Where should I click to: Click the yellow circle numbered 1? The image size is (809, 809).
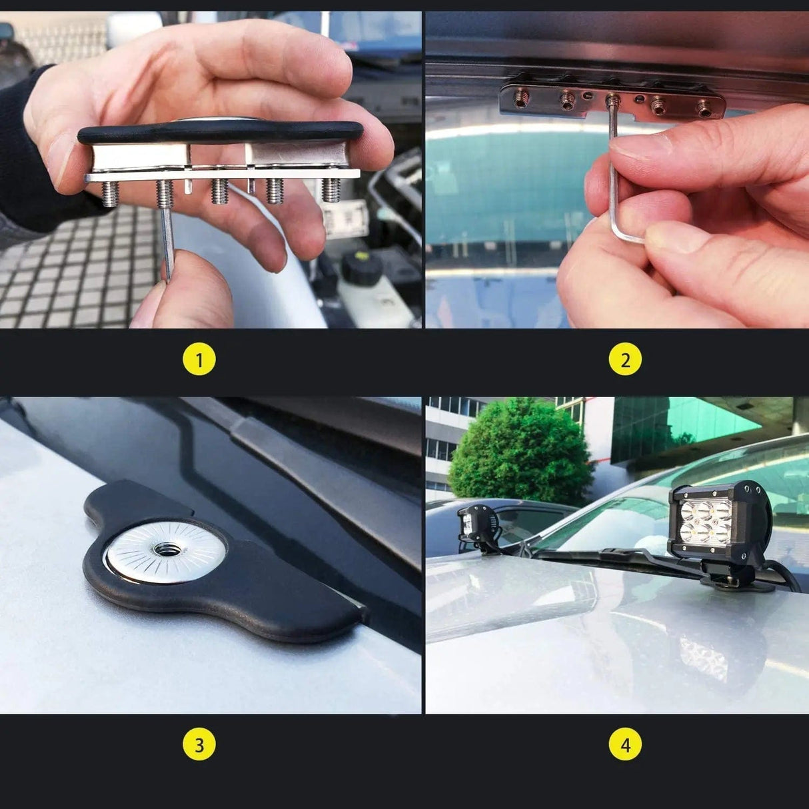(199, 361)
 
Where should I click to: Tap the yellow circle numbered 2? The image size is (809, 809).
(625, 361)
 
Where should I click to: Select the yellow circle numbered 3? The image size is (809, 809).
(199, 744)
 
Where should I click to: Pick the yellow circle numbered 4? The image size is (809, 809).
(625, 744)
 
